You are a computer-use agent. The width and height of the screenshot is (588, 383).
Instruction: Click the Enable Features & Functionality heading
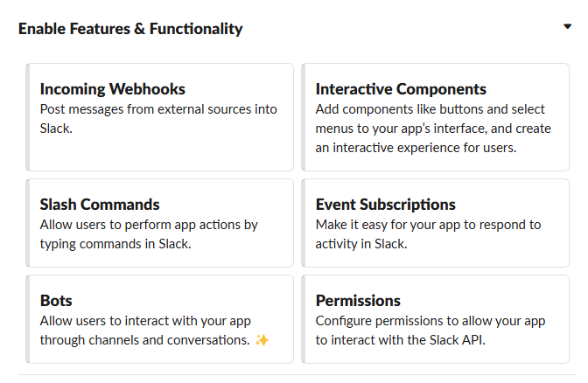coord(130,29)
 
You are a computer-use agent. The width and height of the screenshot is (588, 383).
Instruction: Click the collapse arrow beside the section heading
coord(567,26)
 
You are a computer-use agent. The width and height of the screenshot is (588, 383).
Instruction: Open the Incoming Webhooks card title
coord(113,89)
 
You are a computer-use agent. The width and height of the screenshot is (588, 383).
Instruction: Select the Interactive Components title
coord(401,89)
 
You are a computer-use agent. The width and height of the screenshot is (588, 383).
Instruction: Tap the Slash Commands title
coord(100,205)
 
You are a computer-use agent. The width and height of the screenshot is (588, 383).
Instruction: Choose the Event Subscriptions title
coord(386,205)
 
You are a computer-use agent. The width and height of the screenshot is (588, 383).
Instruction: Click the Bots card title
coord(56,301)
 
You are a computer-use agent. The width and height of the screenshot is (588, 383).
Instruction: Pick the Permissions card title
coord(358,301)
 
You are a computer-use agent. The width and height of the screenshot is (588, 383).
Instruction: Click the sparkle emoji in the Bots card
coord(262,340)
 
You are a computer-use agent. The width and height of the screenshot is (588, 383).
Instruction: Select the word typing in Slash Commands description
coord(58,244)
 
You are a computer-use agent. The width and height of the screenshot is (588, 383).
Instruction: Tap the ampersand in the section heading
coord(139,29)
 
